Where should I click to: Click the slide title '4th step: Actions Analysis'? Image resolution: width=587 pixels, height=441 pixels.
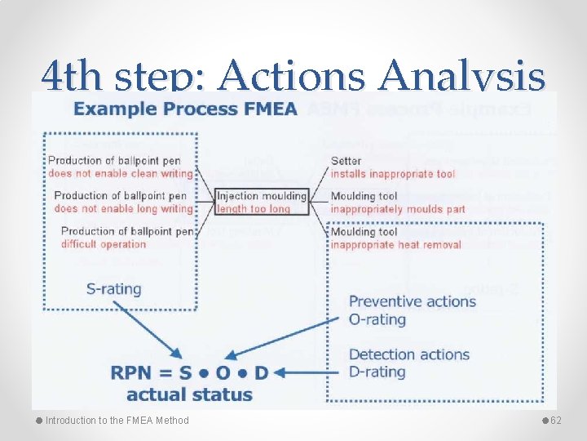pyautogui.click(x=293, y=78)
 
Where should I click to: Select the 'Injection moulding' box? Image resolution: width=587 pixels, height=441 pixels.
pyautogui.click(x=262, y=196)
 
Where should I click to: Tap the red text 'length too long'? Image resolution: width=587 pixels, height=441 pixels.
pyautogui.click(x=254, y=208)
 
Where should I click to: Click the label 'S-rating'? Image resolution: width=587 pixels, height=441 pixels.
pyautogui.click(x=113, y=288)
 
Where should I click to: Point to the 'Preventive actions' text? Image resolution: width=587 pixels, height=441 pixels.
pyautogui.click(x=412, y=301)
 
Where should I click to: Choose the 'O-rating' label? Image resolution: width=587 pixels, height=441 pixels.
pyautogui.click(x=377, y=318)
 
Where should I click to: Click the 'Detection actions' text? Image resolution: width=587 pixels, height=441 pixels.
pyautogui.click(x=408, y=354)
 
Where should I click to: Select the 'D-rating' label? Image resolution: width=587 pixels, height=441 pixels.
pyautogui.click(x=377, y=372)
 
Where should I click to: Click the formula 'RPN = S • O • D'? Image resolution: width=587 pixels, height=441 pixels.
pyautogui.click(x=189, y=373)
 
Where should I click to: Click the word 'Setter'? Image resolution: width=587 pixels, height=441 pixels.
pyautogui.click(x=346, y=161)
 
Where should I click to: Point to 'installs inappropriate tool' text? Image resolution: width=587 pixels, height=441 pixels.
pyautogui.click(x=393, y=173)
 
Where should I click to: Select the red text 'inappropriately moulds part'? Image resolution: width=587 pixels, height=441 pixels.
pyautogui.click(x=398, y=209)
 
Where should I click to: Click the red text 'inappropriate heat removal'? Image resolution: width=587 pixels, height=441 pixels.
pyautogui.click(x=395, y=244)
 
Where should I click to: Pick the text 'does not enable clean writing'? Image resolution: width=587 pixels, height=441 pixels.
pyautogui.click(x=121, y=173)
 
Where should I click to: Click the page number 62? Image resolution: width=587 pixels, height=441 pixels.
pyautogui.click(x=558, y=420)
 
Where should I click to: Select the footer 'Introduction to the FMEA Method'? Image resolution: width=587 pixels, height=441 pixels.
pyautogui.click(x=117, y=421)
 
